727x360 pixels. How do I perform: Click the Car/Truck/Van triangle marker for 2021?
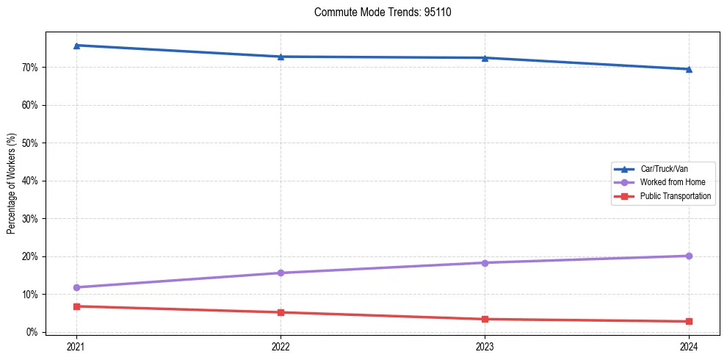(x=76, y=46)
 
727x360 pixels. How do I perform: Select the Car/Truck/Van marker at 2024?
(x=689, y=69)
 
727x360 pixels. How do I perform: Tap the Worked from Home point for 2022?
(x=281, y=273)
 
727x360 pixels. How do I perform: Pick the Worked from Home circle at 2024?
(x=689, y=256)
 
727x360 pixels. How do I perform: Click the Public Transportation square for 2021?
(x=76, y=306)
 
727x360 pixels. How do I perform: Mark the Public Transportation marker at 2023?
(x=485, y=319)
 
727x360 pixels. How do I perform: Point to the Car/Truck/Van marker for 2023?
(x=485, y=58)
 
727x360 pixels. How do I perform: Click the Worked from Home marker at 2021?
(x=76, y=287)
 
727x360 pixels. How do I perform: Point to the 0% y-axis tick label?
(x=31, y=332)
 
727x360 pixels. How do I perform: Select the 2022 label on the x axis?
(x=281, y=345)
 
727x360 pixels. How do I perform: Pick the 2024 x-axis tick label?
(x=689, y=345)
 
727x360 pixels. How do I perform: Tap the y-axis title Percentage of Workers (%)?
(x=11, y=184)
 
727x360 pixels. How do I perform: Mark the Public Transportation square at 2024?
(x=689, y=321)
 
